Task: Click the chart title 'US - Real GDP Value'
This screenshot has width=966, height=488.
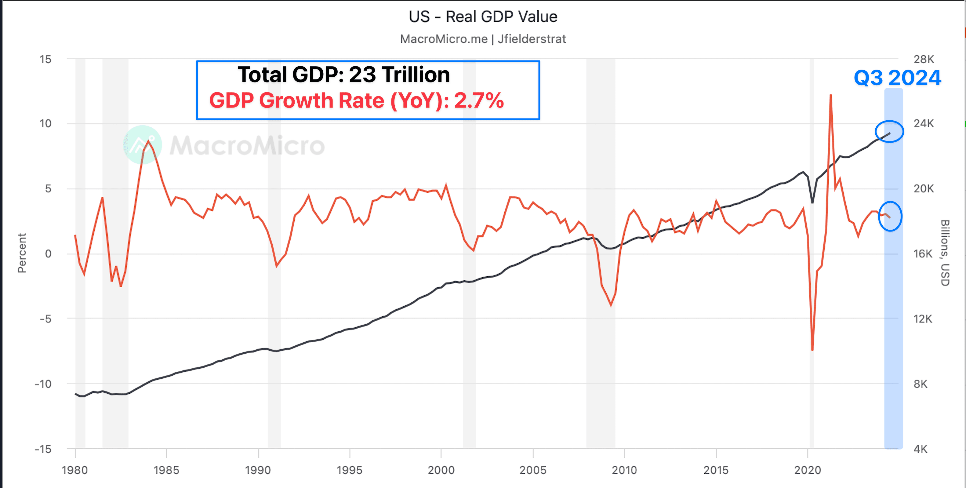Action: click(x=483, y=17)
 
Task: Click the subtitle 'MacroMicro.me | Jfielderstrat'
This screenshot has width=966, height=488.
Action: click(x=483, y=39)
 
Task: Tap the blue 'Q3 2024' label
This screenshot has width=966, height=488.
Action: click(x=897, y=78)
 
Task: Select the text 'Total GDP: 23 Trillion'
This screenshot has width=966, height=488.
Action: click(x=343, y=74)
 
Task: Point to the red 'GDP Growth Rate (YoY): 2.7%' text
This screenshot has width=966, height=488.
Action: click(x=356, y=100)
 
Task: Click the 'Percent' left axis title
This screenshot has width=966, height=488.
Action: click(x=22, y=253)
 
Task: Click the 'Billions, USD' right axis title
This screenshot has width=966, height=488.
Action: click(x=945, y=253)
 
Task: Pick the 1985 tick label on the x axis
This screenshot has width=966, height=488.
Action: click(x=166, y=470)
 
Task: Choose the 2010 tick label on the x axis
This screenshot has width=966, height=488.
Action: click(x=624, y=470)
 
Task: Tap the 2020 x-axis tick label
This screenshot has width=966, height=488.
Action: click(x=807, y=470)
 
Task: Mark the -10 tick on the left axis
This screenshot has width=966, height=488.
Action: click(x=43, y=384)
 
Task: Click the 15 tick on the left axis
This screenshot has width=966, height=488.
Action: click(x=45, y=59)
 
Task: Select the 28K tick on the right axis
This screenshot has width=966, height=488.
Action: click(x=924, y=59)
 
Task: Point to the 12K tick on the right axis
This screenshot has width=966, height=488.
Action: click(x=923, y=319)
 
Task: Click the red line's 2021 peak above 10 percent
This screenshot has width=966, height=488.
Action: click(x=831, y=95)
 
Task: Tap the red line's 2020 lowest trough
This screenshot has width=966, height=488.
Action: click(x=812, y=350)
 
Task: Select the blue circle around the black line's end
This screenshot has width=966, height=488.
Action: click(x=889, y=132)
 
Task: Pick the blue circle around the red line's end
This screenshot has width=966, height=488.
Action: click(x=890, y=217)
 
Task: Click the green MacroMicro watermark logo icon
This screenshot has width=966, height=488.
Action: click(x=143, y=145)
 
